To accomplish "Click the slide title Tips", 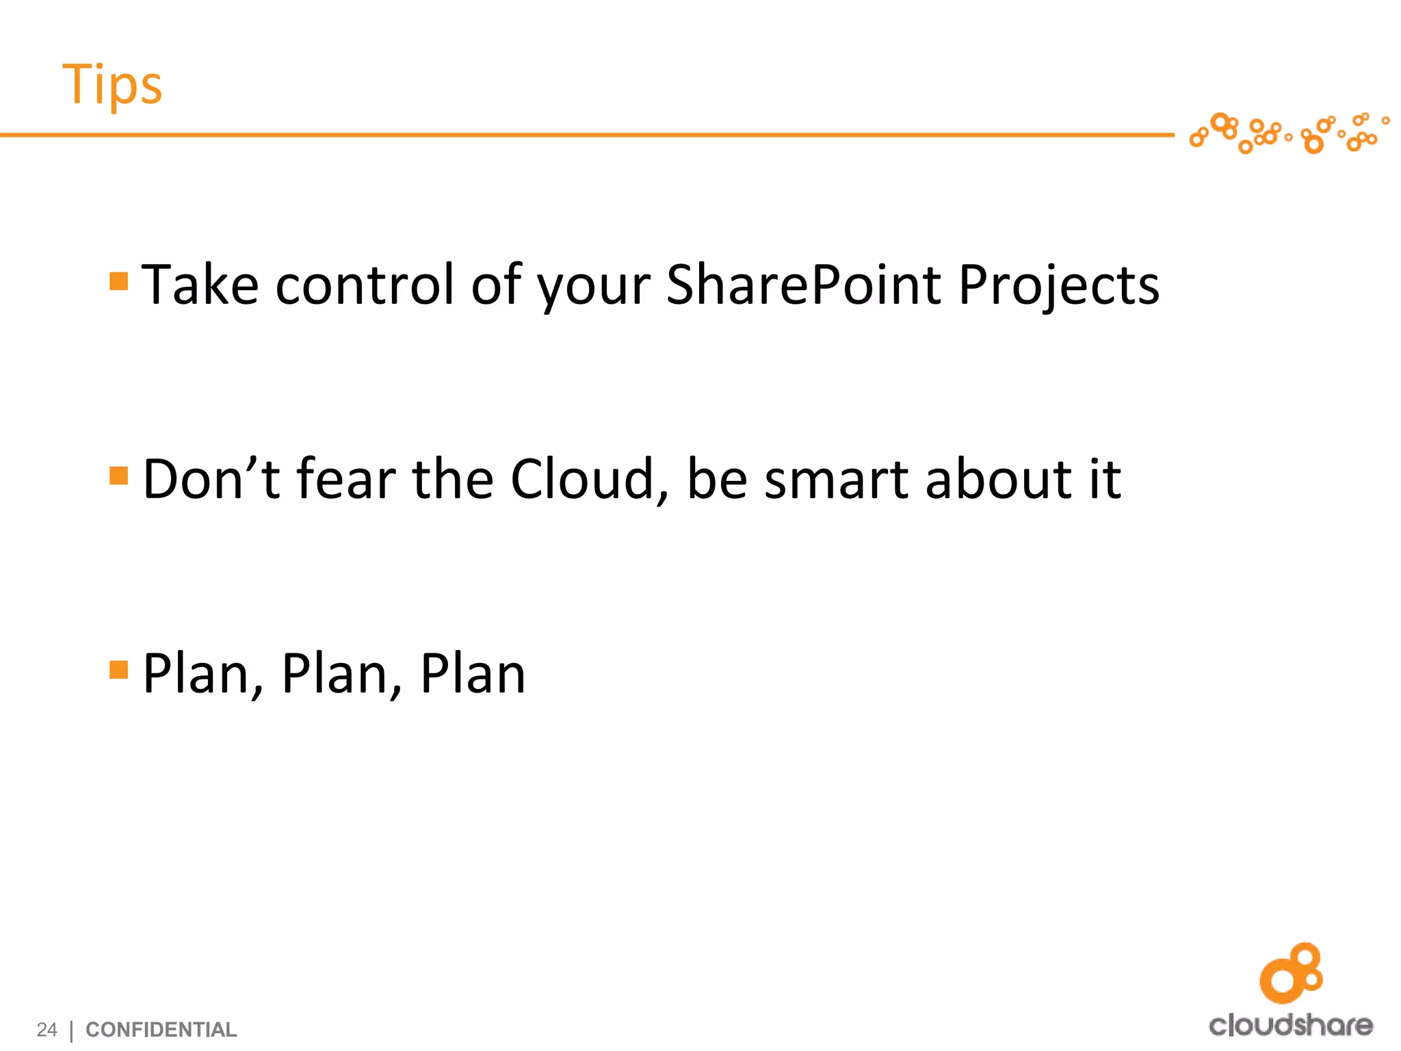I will tap(112, 86).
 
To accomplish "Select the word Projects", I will tap(1058, 286).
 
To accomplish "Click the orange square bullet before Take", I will tap(119, 281).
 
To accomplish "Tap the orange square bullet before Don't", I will tap(119, 476).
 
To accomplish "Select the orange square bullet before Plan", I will tap(119, 669).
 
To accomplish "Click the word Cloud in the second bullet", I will tap(581, 479).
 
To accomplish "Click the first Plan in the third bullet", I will tap(199, 674).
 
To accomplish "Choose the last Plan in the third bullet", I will tap(473, 674).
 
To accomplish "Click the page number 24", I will tap(47, 1029).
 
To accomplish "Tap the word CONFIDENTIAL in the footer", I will tap(161, 1029).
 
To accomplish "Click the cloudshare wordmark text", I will tap(1290, 1025).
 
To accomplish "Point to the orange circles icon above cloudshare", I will tap(1291, 973).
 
